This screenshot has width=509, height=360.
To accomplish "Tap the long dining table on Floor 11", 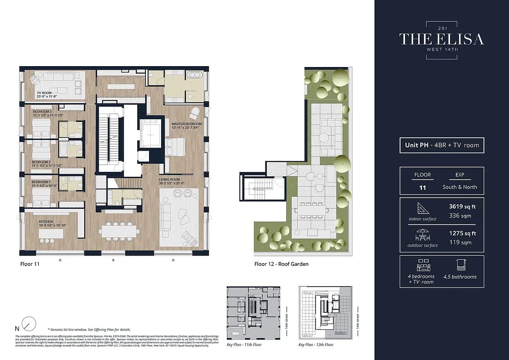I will click(x=119, y=231).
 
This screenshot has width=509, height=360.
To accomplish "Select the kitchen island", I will click(x=51, y=234).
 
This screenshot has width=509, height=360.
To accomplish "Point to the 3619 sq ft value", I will click(x=462, y=207).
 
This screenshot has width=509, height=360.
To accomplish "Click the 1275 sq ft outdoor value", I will click(x=462, y=234).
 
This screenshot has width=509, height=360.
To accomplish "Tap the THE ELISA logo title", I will click(x=441, y=39).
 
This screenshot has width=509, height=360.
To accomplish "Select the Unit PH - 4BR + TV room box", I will click(x=441, y=145).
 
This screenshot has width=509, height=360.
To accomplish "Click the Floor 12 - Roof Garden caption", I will click(x=281, y=264).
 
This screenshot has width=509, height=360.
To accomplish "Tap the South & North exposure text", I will click(x=459, y=187).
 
